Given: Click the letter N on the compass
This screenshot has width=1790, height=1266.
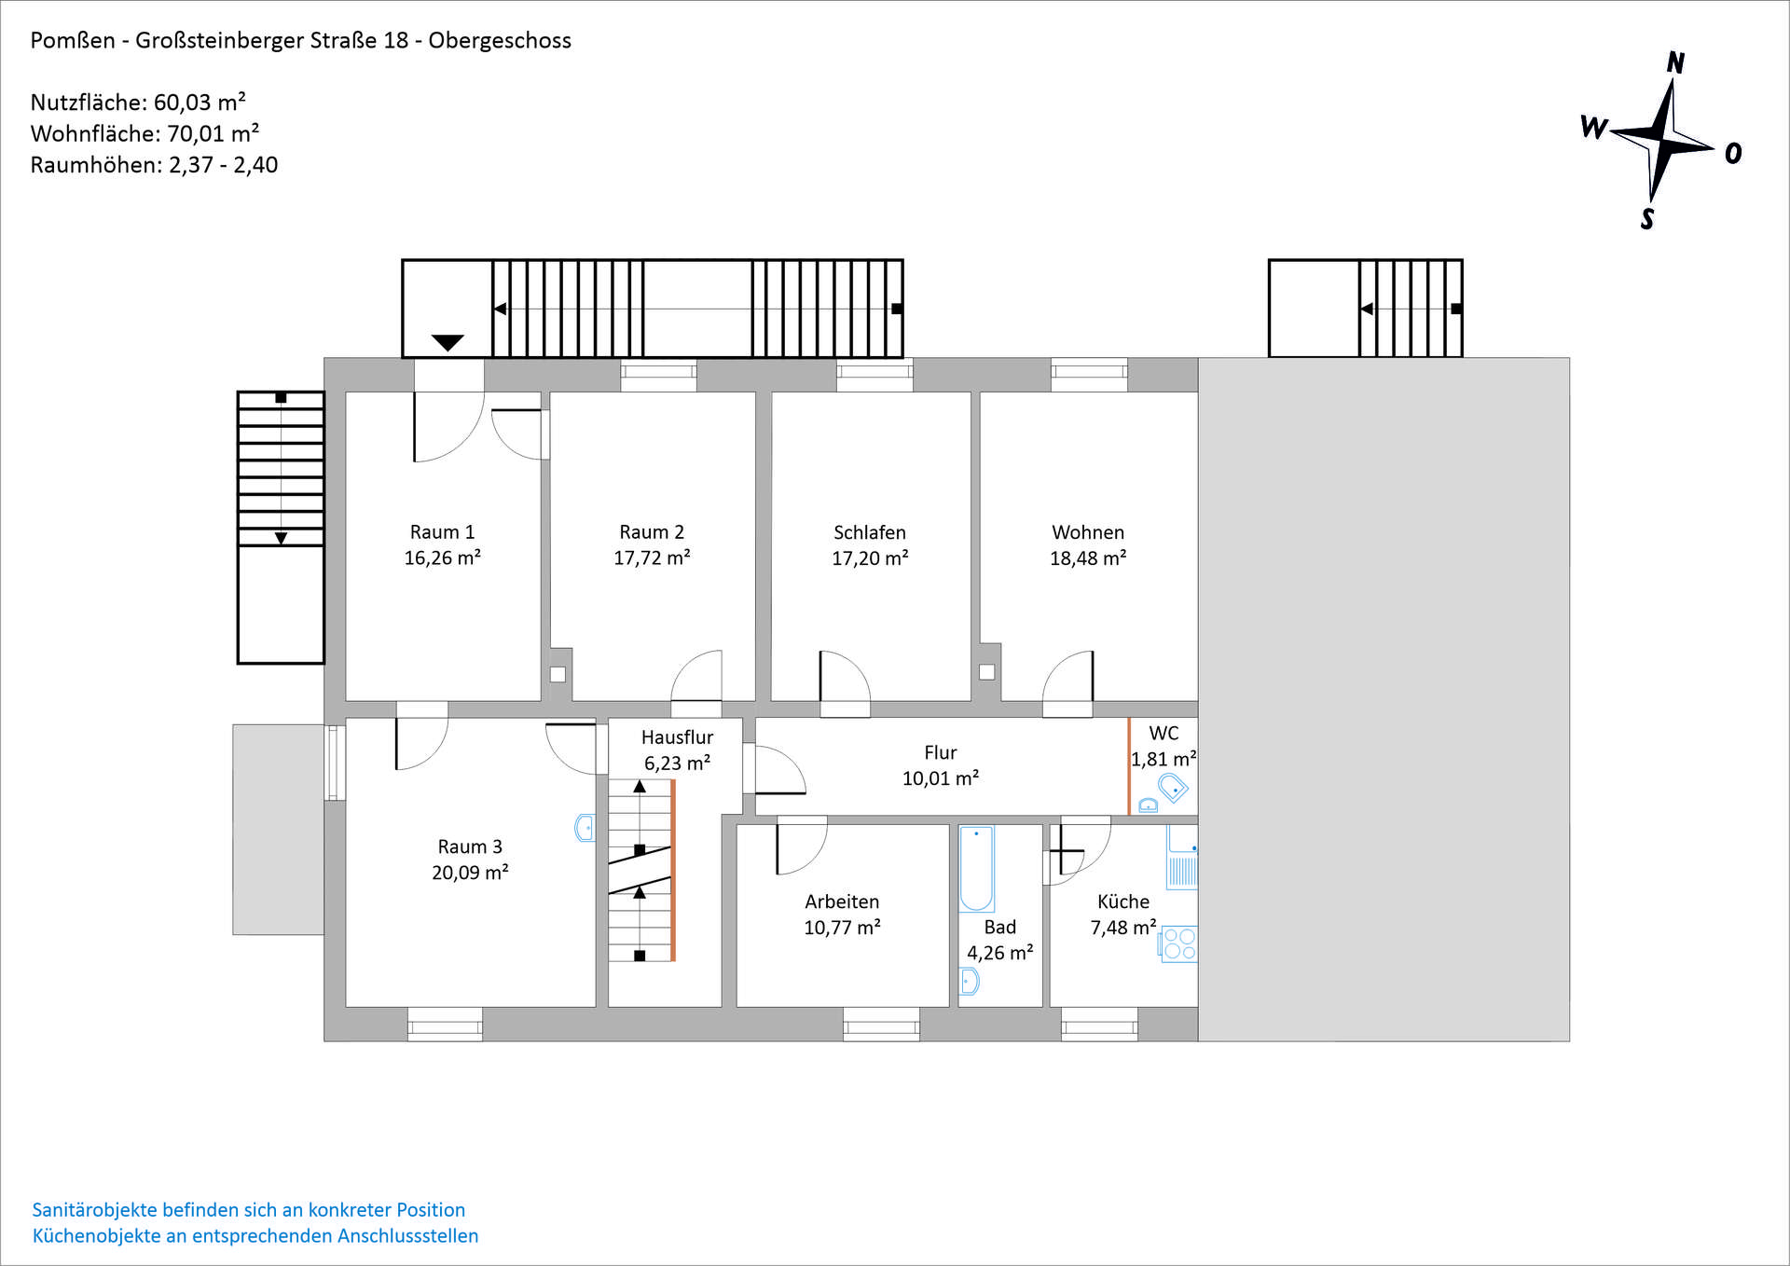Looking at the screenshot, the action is [x=1675, y=62].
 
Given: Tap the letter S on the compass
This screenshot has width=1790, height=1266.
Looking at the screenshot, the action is [x=1647, y=219].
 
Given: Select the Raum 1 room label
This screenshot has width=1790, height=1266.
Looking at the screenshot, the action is [x=442, y=532].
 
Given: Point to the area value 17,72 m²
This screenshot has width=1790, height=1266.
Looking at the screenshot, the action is [x=652, y=557].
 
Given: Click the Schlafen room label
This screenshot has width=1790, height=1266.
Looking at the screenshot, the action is [x=870, y=532].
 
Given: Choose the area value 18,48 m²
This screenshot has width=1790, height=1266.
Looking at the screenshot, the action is [x=1088, y=557].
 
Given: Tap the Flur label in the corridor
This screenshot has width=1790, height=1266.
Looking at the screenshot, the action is [x=941, y=752].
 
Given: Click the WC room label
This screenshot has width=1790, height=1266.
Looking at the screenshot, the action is [x=1163, y=734].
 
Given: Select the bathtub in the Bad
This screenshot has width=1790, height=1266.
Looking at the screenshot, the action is [x=976, y=868].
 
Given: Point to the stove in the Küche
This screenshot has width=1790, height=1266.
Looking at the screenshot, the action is [x=1179, y=943].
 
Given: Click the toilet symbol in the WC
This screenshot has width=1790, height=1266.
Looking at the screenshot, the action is [x=1173, y=789].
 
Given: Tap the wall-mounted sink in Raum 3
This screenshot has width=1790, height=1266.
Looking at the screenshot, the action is [x=585, y=828].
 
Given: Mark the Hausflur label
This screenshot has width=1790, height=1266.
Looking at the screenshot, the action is [x=677, y=737].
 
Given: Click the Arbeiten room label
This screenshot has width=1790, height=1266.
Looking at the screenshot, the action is [x=842, y=901].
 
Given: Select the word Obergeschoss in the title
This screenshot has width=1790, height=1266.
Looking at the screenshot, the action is [x=500, y=41].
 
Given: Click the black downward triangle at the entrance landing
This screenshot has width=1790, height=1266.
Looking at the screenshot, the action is [x=447, y=343].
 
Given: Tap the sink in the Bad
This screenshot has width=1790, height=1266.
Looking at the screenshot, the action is [x=970, y=981].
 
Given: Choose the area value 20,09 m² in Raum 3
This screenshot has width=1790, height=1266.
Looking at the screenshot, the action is [x=470, y=873].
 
